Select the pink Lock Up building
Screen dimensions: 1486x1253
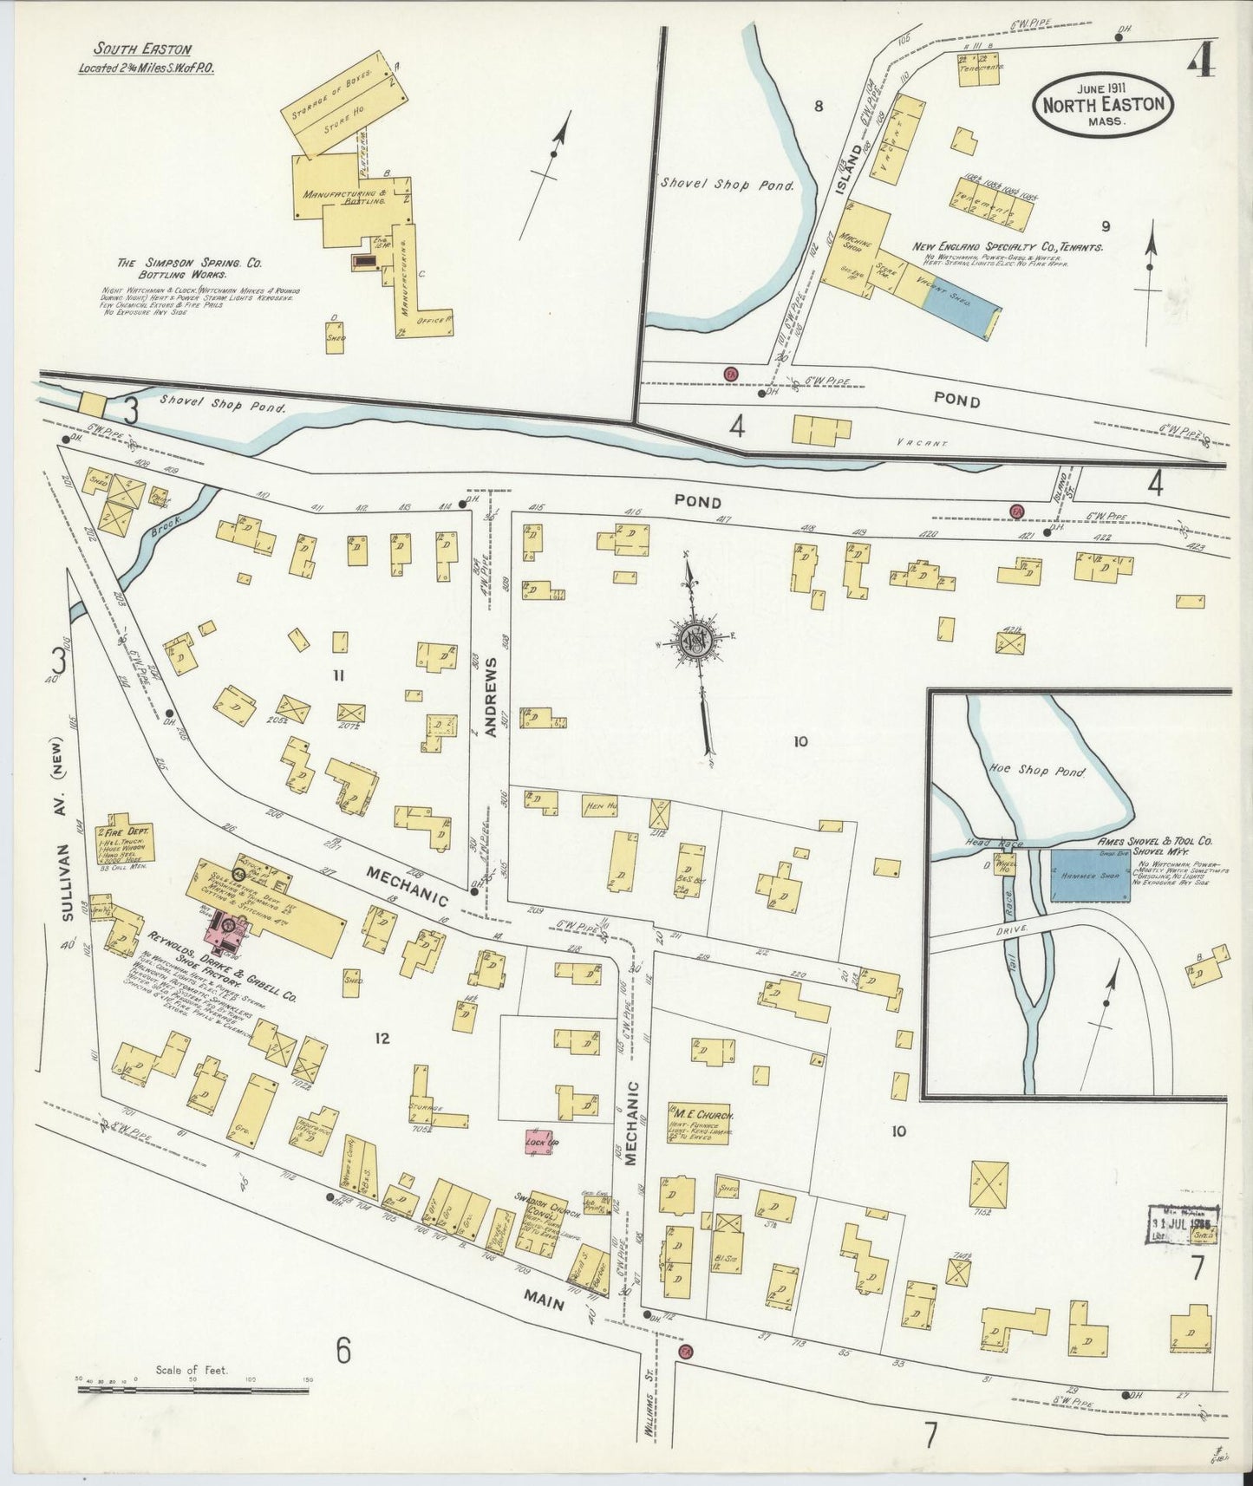point(540,1144)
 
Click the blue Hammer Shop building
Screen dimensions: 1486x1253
point(1090,875)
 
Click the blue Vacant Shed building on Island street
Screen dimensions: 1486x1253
point(961,309)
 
